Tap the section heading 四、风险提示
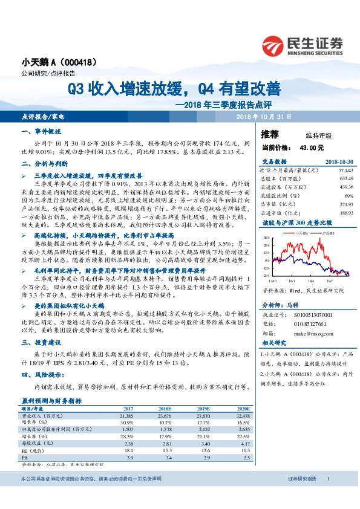click(38, 374)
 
